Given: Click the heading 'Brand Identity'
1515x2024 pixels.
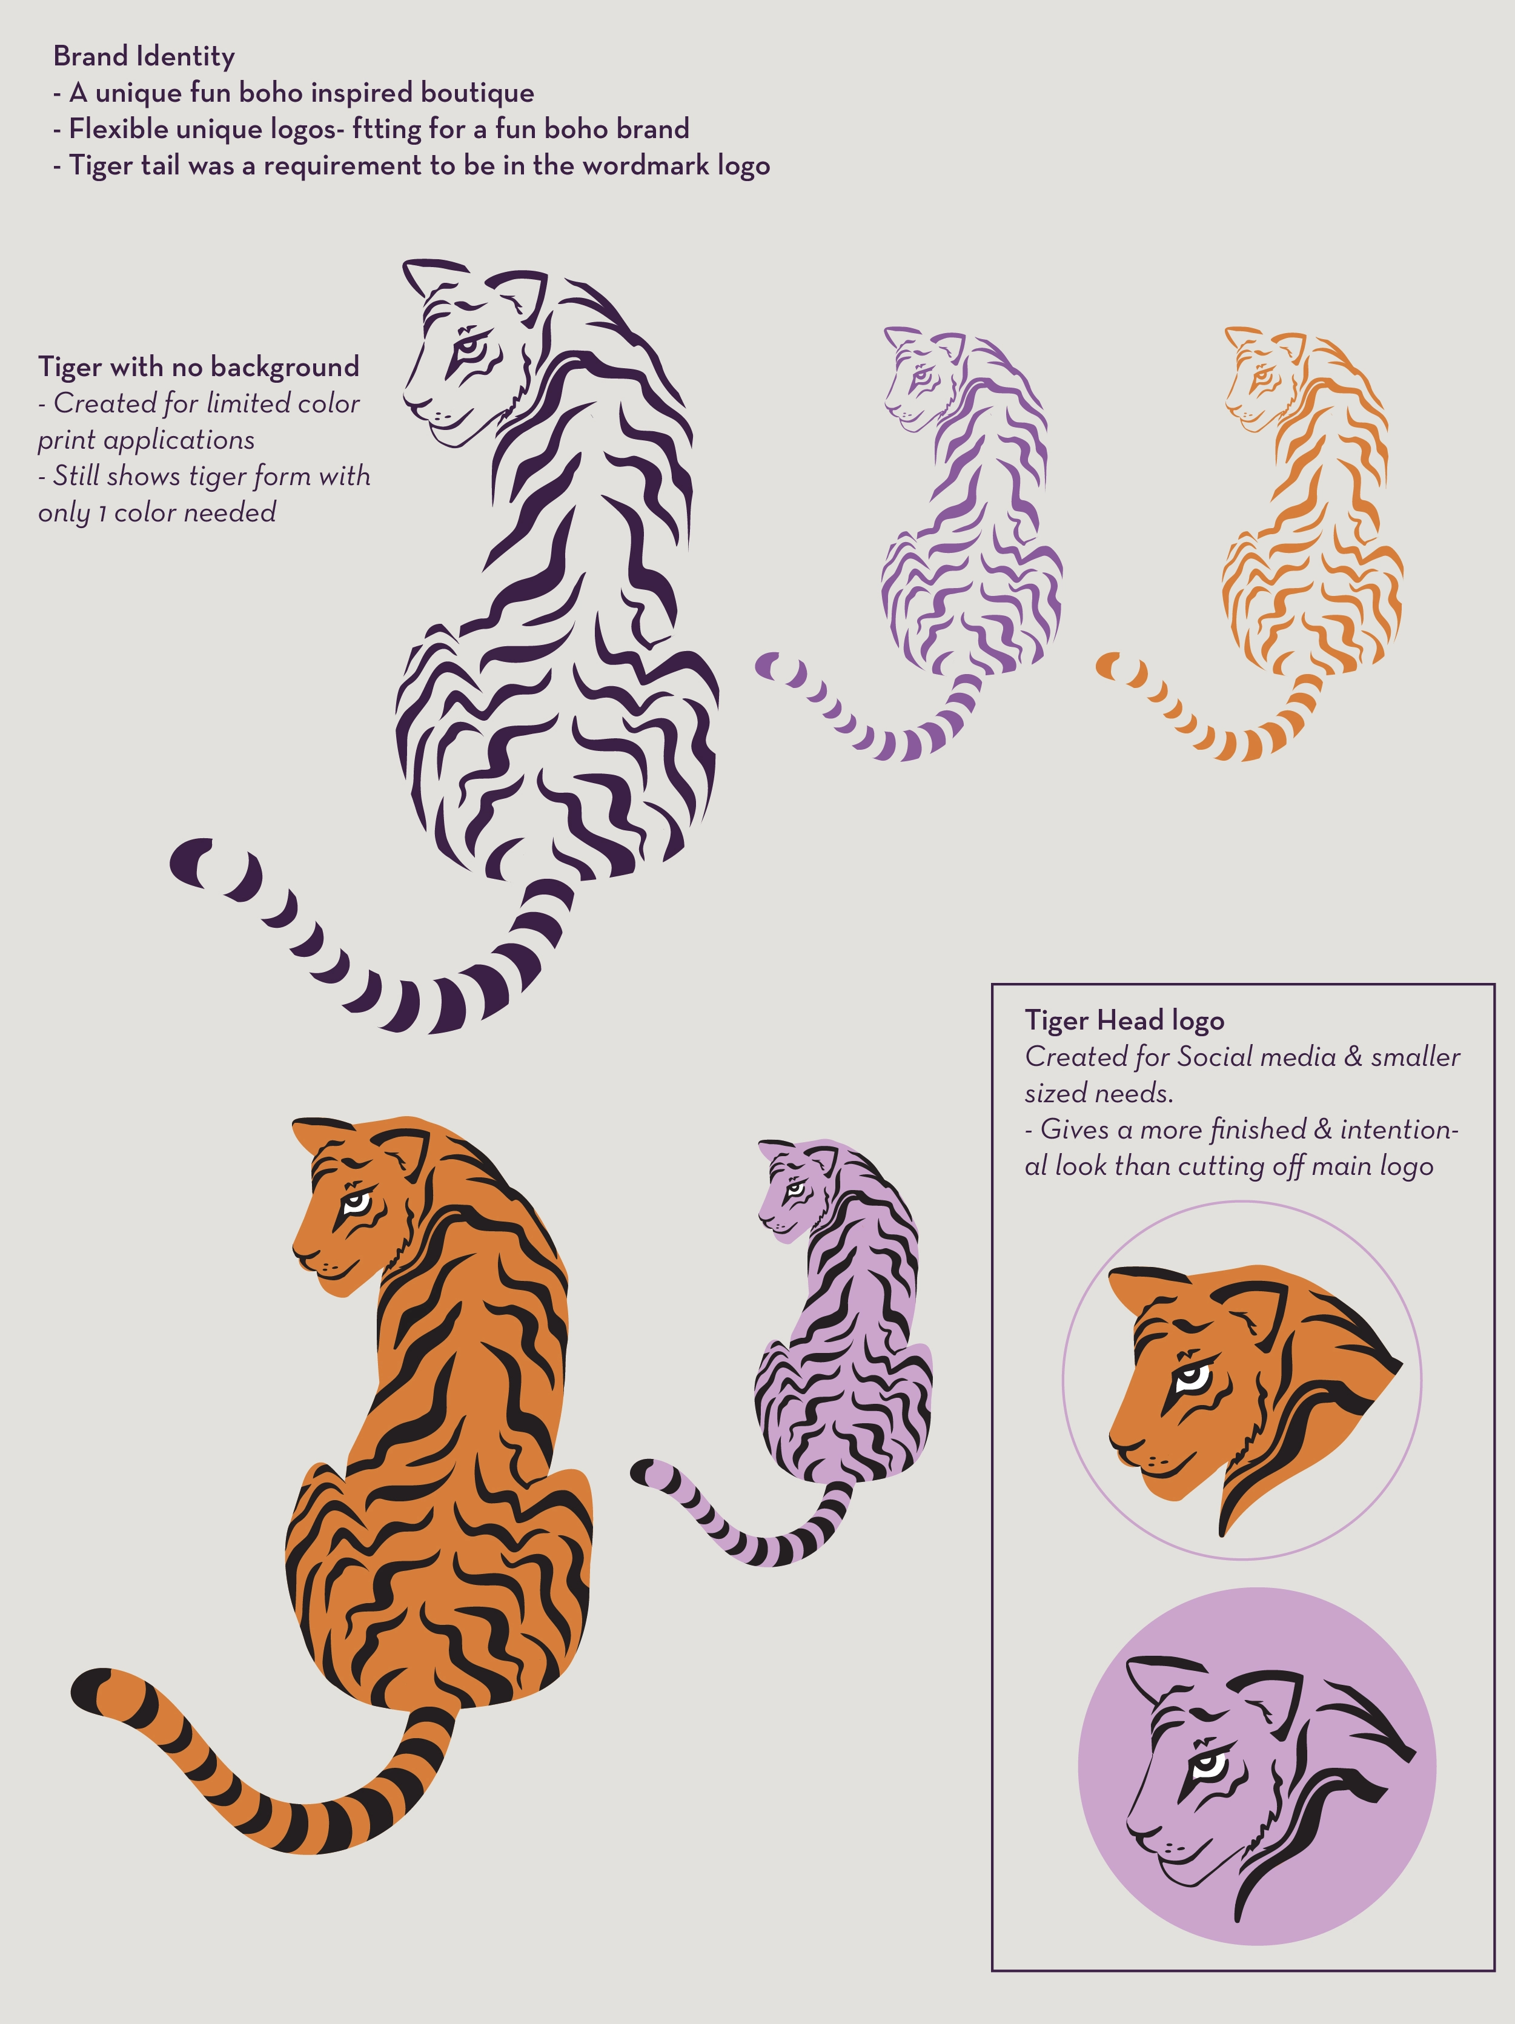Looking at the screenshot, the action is pyautogui.click(x=144, y=57).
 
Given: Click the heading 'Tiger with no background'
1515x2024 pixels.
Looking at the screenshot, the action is pyautogui.click(x=199, y=367).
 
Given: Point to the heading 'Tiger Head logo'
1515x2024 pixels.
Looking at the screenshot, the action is pyautogui.click(x=1124, y=1020).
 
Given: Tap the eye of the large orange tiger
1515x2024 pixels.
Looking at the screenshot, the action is pyautogui.click(x=356, y=1202).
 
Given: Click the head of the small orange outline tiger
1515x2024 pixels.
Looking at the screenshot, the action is pyautogui.click(x=1261, y=377).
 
